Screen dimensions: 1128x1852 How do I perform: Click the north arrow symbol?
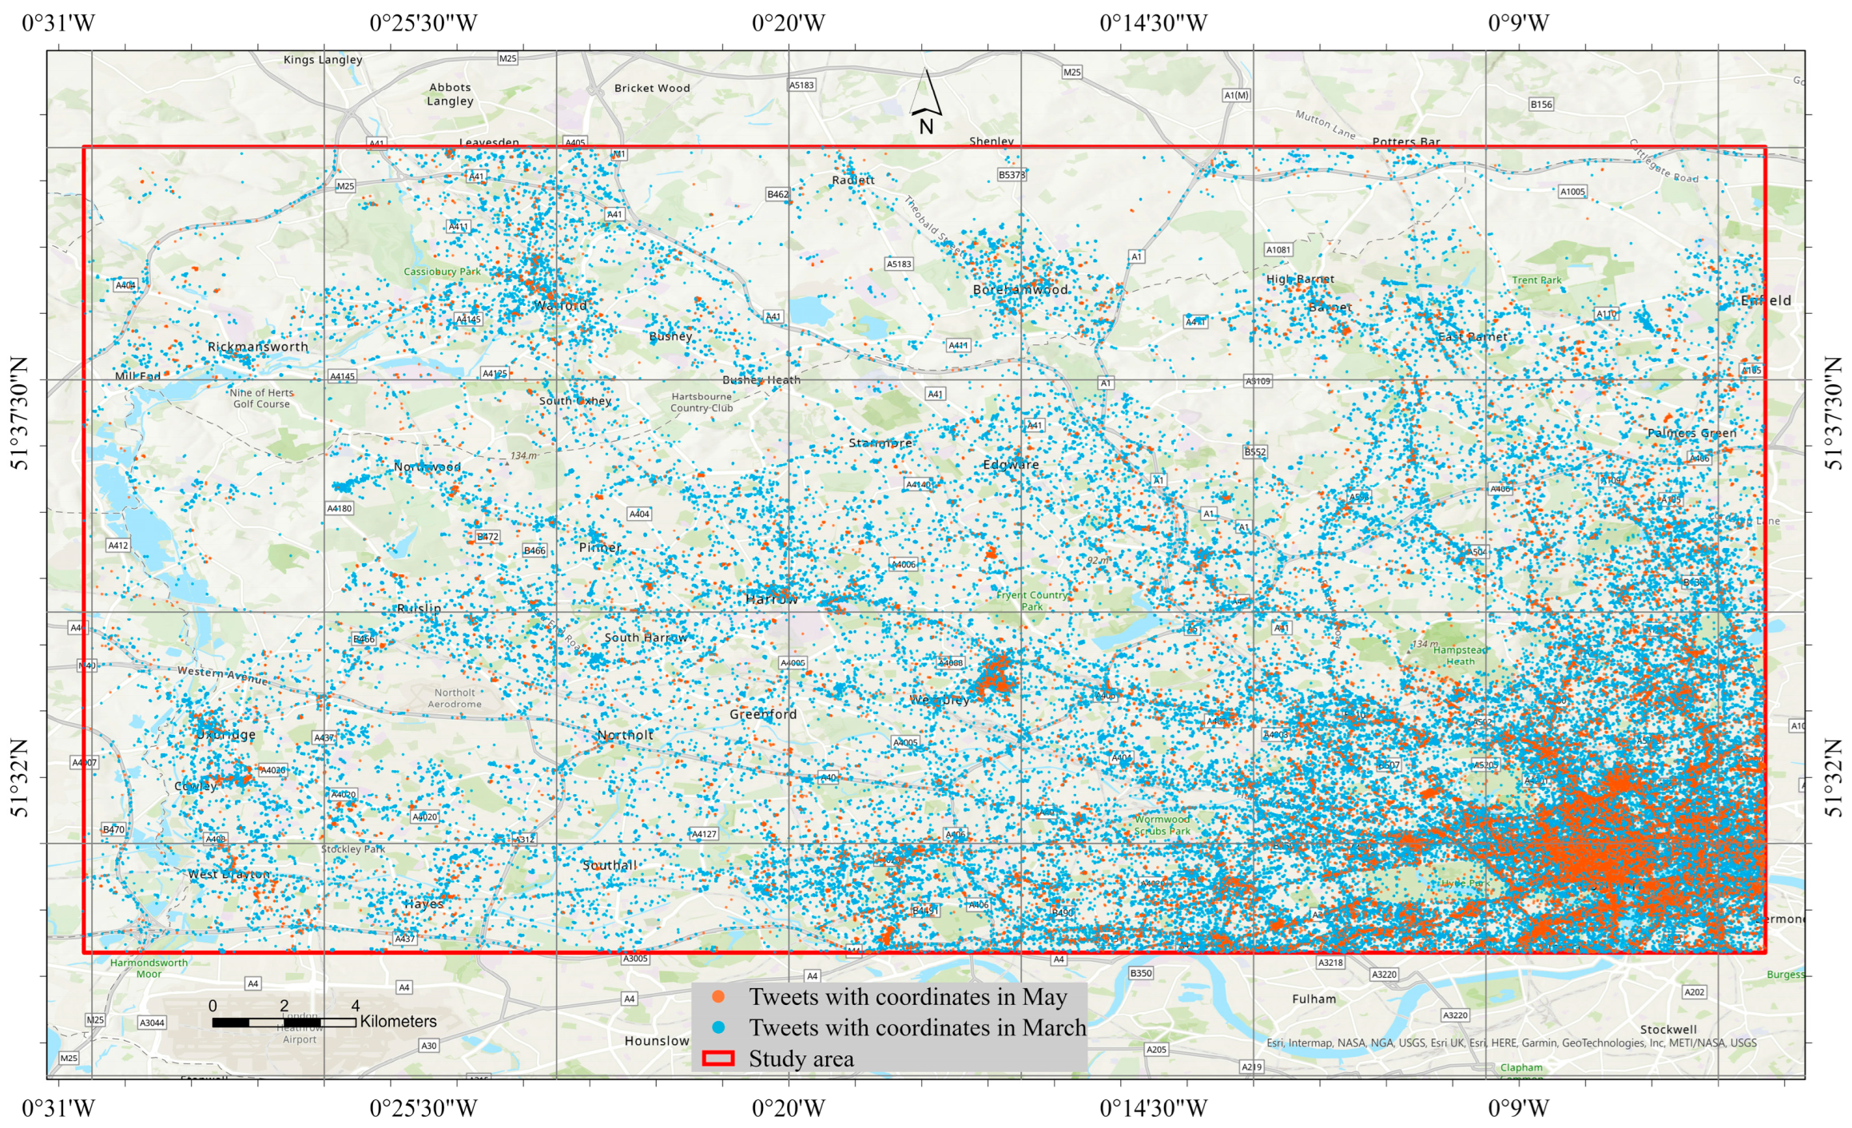[926, 96]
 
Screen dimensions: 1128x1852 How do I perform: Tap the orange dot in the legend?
[718, 997]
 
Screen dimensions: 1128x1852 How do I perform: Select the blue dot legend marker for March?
[718, 1027]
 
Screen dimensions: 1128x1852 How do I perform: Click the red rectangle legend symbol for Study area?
[717, 1058]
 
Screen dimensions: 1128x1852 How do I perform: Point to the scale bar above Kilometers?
[284, 1023]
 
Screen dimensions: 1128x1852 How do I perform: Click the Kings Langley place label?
[323, 60]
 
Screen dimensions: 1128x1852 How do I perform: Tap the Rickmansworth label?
[257, 347]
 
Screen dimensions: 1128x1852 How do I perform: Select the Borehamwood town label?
[1020, 290]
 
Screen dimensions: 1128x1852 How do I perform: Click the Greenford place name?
[763, 714]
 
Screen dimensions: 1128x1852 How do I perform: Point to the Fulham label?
[1313, 999]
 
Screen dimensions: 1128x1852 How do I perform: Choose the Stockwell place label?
[1668, 1029]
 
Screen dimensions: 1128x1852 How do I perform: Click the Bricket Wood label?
[652, 89]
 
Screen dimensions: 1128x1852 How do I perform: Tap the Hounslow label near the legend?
[657, 1041]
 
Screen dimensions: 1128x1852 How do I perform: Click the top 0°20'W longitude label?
[788, 23]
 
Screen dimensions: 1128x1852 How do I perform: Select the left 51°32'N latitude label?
[19, 776]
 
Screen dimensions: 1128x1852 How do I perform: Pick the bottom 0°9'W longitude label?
[1518, 1108]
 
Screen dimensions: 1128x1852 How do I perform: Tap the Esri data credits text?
[1511, 1043]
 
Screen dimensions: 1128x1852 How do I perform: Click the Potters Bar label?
[1405, 141]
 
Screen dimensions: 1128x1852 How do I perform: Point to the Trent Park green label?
[1536, 280]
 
